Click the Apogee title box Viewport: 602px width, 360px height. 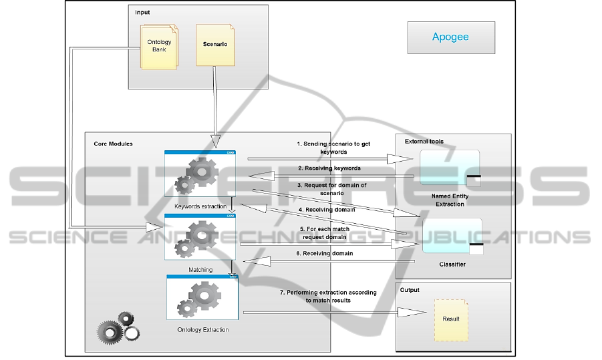[x=451, y=37]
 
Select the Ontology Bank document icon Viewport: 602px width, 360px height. [x=159, y=46]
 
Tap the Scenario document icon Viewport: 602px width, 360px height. [x=214, y=45]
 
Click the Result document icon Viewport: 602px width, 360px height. [x=451, y=319]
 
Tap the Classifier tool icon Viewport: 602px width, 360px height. [x=452, y=236]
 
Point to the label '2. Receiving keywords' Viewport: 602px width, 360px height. [x=329, y=168]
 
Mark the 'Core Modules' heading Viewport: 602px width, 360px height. [x=113, y=144]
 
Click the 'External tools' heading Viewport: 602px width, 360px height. [x=424, y=142]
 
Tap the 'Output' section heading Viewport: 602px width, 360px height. [x=410, y=290]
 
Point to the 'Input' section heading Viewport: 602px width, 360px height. [x=142, y=13]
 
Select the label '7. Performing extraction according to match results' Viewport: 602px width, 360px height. [x=328, y=297]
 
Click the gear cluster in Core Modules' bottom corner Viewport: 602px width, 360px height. [x=118, y=330]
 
